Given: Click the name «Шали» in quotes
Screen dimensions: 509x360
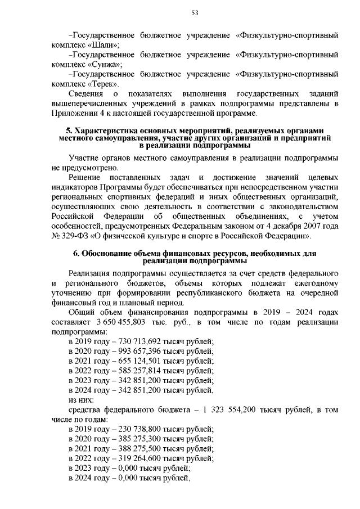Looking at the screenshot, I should tap(107, 46).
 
